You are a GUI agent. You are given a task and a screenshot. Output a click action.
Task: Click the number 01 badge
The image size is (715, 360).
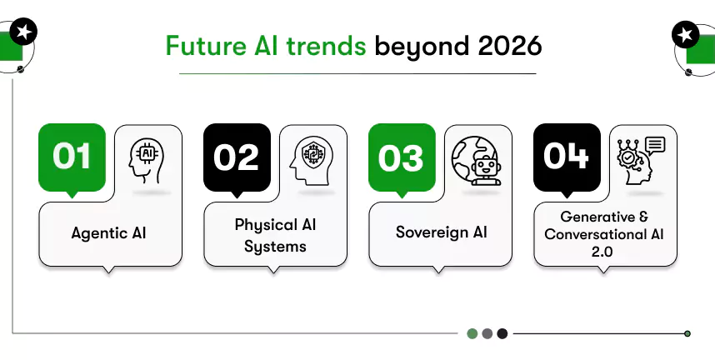point(72,157)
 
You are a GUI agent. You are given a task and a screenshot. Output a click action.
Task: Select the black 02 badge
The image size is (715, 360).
point(237,157)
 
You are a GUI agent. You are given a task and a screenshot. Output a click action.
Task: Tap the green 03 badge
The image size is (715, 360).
point(402,157)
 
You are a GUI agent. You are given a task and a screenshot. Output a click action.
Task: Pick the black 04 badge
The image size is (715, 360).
point(567,157)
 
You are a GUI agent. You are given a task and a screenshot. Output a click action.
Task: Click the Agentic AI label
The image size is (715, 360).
point(110,232)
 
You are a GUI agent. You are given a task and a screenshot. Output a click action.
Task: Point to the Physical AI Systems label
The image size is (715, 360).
point(275,236)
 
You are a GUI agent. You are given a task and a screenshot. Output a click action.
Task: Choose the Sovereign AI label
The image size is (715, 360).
point(440,232)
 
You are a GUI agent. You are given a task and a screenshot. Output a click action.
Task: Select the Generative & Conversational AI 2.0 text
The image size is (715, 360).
point(604,235)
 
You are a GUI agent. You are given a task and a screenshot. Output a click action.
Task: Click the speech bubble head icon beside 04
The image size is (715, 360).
point(640,159)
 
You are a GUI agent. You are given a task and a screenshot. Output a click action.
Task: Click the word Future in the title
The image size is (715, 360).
point(198,45)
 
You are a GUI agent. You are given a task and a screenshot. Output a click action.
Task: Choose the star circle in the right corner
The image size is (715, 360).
point(686,35)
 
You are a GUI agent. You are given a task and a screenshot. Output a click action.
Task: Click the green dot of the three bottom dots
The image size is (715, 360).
point(472,333)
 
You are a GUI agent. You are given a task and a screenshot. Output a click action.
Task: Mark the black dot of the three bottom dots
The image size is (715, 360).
point(502,333)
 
